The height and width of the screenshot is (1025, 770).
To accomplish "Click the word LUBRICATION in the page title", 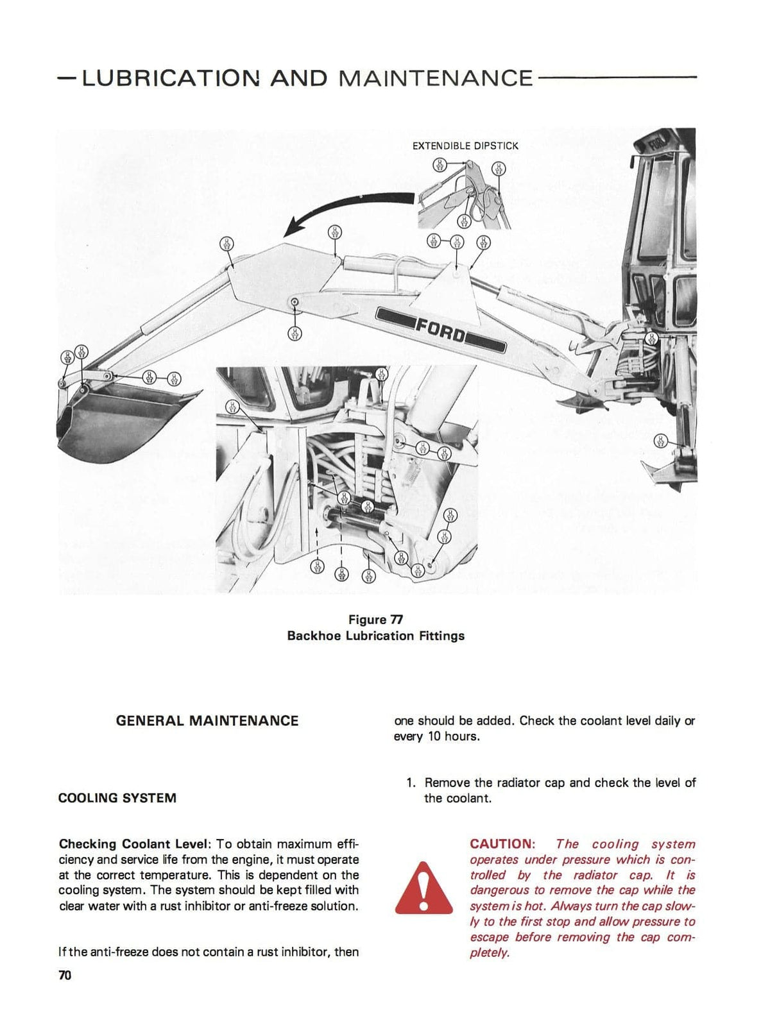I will tap(169, 78).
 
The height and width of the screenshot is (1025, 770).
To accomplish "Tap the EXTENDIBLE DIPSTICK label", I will tap(465, 146).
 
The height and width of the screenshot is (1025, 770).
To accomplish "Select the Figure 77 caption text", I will tap(375, 620).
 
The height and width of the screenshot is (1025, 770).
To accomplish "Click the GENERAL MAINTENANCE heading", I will tap(207, 721).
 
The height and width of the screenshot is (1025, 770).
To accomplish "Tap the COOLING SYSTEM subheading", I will tap(117, 799).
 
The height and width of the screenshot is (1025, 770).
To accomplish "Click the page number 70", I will tap(65, 976).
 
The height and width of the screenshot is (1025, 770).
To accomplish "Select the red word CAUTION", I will tap(502, 844).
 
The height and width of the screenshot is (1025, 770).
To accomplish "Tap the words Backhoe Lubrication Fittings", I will tap(375, 636).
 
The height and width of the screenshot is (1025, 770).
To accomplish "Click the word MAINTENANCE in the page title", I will tap(435, 78).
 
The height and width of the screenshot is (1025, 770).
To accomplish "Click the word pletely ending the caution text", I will tap(490, 953).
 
